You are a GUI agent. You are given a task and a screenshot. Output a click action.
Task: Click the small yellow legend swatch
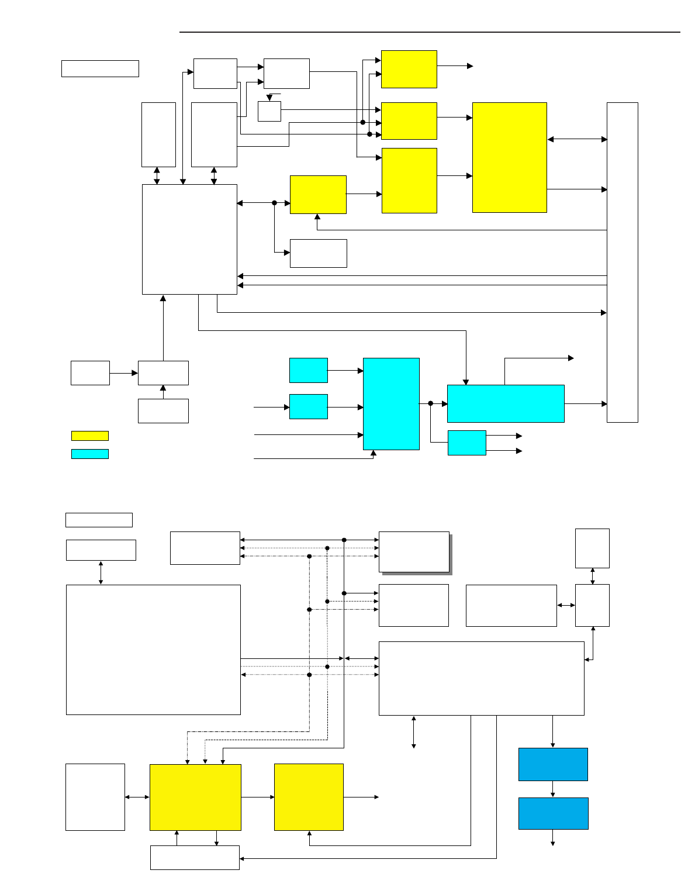(89, 436)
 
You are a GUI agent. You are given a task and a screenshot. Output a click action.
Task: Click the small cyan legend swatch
(89, 454)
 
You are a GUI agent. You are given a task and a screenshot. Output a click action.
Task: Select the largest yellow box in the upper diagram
(509, 157)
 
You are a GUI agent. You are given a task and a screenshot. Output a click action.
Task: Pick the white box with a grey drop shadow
(414, 551)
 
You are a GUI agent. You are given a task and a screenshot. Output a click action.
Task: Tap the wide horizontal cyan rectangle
(506, 403)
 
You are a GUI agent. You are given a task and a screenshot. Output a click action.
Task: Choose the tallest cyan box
(391, 403)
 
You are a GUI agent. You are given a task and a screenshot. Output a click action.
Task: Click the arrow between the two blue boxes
(553, 789)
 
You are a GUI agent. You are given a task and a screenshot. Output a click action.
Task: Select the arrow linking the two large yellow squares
(257, 797)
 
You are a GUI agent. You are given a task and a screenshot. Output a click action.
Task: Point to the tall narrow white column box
(622, 262)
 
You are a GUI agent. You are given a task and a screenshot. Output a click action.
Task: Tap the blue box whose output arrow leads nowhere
(553, 813)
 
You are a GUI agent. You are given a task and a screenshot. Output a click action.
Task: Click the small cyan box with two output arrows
(466, 443)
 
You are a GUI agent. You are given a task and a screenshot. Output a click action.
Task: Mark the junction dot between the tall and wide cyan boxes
(430, 403)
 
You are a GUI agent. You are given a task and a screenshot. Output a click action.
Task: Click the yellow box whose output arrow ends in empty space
(409, 69)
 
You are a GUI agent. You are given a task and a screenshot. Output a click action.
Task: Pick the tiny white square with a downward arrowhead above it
(269, 111)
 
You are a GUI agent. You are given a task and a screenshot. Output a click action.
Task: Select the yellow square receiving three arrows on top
(195, 797)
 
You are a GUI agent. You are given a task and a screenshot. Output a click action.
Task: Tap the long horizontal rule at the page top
(430, 32)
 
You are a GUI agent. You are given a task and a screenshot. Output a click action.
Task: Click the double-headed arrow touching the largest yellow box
(576, 139)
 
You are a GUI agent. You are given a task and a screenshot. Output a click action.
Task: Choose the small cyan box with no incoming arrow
(308, 370)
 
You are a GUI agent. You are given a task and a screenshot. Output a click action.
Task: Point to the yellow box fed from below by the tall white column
(318, 195)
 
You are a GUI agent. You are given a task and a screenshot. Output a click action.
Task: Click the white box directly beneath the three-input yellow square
(195, 857)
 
